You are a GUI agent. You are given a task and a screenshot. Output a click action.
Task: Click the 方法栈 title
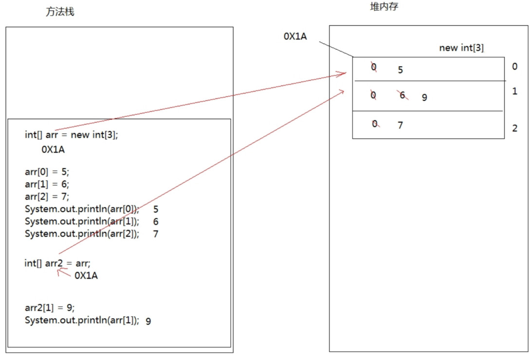pyautogui.click(x=60, y=12)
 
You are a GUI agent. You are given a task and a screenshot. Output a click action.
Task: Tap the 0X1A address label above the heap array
pyautogui.click(x=295, y=36)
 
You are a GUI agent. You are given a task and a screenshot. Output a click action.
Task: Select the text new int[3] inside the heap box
pyautogui.click(x=461, y=48)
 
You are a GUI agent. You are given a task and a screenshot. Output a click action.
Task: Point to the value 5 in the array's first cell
pyautogui.click(x=400, y=70)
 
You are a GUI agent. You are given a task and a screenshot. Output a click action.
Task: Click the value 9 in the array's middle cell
pyautogui.click(x=424, y=98)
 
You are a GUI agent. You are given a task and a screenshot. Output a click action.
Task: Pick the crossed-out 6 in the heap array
pyautogui.click(x=403, y=96)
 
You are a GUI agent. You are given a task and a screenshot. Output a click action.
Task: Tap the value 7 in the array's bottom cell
pyautogui.click(x=400, y=126)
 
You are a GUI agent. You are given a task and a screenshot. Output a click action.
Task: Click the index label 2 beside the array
pyautogui.click(x=515, y=129)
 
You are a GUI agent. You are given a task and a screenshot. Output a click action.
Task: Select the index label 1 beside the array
pyautogui.click(x=515, y=91)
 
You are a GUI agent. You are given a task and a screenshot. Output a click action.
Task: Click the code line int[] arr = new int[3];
pyautogui.click(x=72, y=135)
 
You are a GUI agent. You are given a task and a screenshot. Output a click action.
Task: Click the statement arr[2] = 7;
pyautogui.click(x=47, y=196)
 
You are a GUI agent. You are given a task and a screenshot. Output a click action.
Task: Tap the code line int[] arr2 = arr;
pyautogui.click(x=57, y=263)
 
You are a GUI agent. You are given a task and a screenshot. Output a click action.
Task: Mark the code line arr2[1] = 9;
pyautogui.click(x=50, y=308)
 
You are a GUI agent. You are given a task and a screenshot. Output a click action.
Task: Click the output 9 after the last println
pyautogui.click(x=148, y=321)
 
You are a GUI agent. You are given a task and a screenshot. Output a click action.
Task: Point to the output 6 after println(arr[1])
pyautogui.click(x=156, y=222)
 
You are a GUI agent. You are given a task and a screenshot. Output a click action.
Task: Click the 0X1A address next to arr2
pyautogui.click(x=86, y=276)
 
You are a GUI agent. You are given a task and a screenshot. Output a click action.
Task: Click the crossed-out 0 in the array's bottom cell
pyautogui.click(x=375, y=124)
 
